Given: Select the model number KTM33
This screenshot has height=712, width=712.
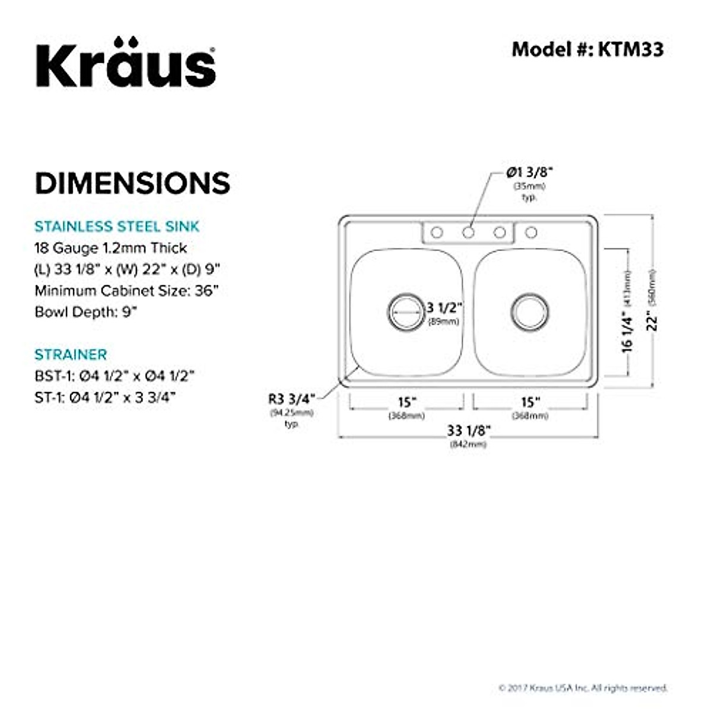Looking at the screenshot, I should click(587, 49).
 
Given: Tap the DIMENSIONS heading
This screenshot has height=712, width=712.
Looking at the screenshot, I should click(132, 183).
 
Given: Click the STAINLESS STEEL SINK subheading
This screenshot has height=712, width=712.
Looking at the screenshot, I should click(117, 226).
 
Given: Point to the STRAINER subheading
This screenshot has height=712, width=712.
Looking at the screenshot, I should click(71, 354).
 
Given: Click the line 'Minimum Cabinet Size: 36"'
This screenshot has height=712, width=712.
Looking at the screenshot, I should click(126, 291).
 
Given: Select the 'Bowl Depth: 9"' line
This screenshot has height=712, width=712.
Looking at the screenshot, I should click(86, 312).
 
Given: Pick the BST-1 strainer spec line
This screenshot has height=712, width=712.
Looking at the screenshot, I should click(115, 376).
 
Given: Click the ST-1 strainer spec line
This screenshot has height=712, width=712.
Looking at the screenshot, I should click(105, 397).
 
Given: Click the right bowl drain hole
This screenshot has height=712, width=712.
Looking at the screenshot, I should click(529, 311).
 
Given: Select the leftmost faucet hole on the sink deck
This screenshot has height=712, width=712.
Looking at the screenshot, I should click(437, 232).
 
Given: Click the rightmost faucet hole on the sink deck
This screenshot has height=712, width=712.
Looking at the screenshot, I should click(531, 232).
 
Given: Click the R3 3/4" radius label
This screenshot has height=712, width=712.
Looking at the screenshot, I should click(292, 399).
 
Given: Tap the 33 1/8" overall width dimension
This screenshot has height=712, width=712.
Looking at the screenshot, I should click(468, 430).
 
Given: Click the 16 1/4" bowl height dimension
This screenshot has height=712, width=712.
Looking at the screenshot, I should click(627, 332).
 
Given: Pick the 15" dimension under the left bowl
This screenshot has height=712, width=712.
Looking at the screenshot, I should click(406, 403).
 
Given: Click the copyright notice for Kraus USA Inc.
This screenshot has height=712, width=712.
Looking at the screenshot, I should click(583, 688).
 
